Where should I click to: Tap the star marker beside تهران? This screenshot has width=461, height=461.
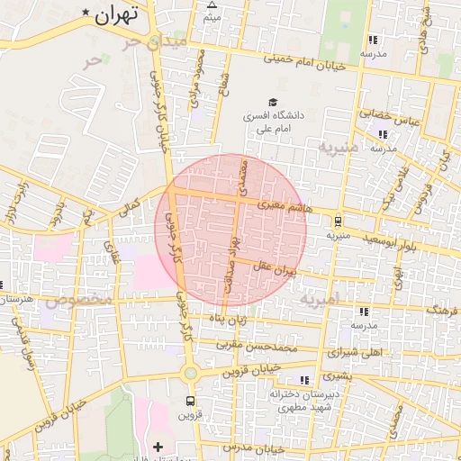86,13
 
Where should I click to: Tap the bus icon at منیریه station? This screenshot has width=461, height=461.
338,221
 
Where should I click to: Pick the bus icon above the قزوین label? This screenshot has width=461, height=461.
190,401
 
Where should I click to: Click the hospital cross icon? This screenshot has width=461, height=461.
158,447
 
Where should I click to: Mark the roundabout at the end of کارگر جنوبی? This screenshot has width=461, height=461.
190,373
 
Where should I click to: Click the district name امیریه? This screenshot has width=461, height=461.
321,298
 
